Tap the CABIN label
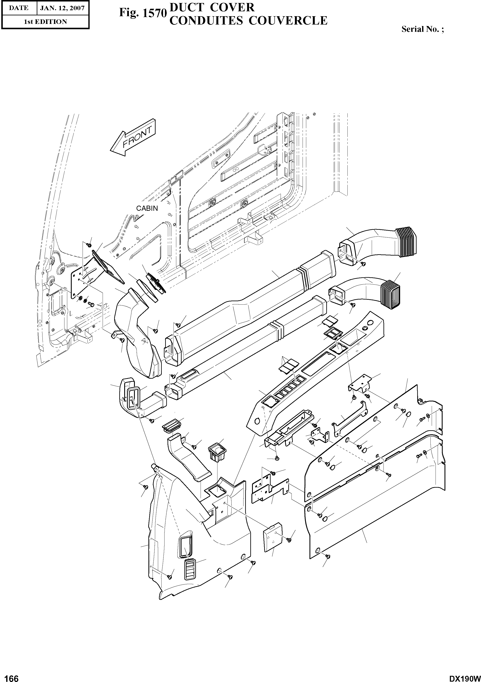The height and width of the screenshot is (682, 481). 147,208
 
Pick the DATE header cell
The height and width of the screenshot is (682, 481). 18,8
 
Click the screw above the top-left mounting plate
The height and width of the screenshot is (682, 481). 89,244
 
